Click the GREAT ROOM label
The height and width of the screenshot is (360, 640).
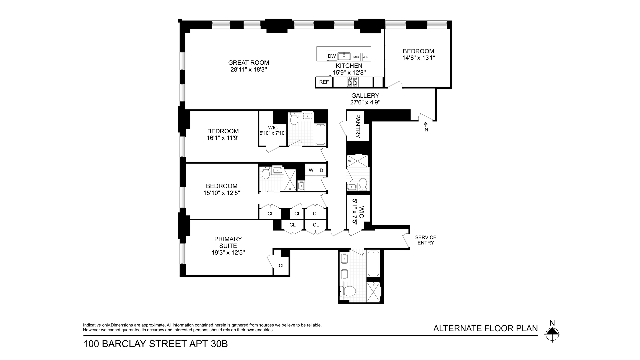[249, 63]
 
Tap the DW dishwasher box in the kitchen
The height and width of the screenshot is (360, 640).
[332, 56]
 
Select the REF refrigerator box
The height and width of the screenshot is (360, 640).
[324, 82]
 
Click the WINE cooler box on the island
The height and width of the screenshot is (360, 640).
[366, 57]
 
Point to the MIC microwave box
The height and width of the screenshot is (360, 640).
[356, 57]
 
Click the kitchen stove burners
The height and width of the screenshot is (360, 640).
[353, 82]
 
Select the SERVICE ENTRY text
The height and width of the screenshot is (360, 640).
[426, 240]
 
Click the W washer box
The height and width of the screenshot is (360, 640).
[311, 170]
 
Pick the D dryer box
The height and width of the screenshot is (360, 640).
[321, 170]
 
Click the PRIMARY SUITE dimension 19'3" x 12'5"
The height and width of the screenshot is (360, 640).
[228, 253]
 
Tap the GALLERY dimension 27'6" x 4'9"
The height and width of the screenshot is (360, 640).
[365, 103]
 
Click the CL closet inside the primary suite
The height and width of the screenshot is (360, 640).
[282, 266]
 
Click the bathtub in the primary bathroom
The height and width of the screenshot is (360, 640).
[373, 263]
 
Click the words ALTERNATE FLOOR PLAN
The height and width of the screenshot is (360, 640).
[485, 328]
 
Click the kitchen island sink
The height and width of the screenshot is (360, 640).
[344, 56]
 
